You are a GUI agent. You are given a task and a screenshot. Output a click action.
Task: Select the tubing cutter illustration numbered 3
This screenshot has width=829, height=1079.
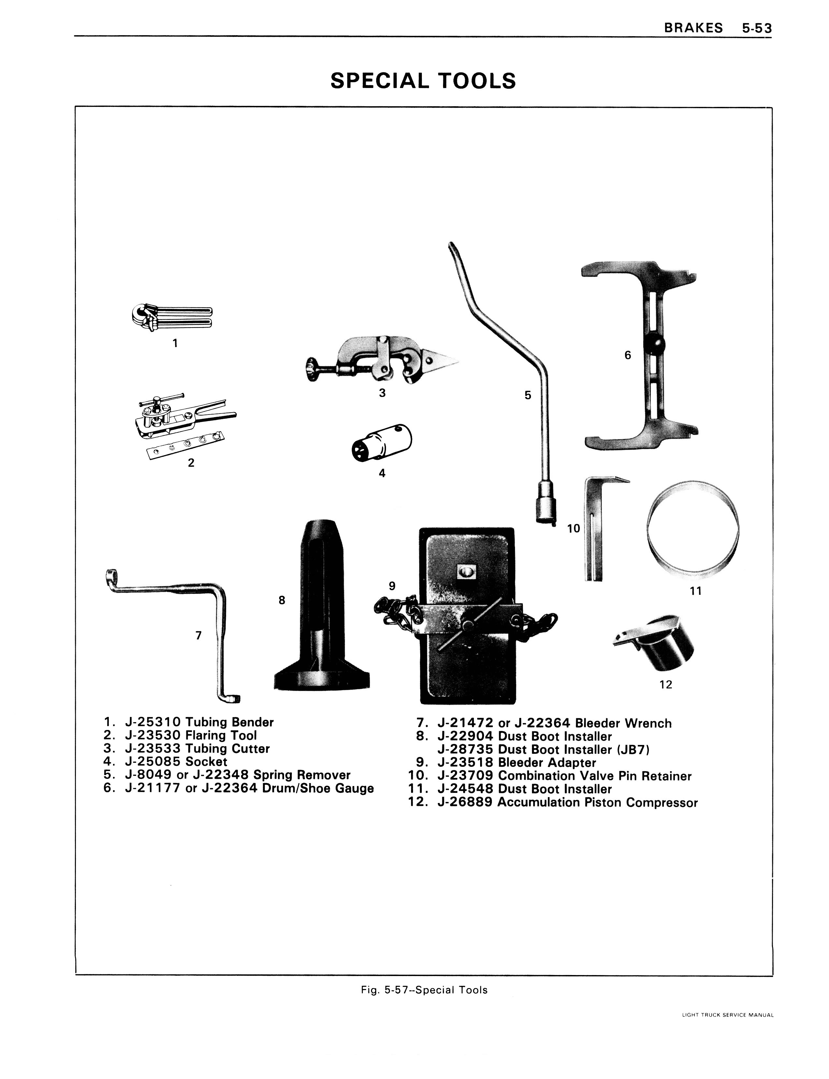[380, 359]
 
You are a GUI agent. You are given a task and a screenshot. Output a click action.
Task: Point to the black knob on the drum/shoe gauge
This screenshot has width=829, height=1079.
[654, 344]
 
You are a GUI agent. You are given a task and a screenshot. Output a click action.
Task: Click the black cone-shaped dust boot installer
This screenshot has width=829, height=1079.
[321, 605]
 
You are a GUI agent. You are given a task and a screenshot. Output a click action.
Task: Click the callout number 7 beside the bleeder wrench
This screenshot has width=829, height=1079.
[198, 635]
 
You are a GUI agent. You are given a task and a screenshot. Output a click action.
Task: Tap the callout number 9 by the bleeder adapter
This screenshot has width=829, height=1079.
[392, 586]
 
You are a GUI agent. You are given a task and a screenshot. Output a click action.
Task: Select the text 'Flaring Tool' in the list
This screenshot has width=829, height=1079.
[221, 736]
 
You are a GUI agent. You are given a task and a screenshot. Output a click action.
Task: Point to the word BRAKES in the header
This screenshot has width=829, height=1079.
[693, 28]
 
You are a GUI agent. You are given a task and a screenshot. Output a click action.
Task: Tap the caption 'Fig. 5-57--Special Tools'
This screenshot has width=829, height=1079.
[424, 990]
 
